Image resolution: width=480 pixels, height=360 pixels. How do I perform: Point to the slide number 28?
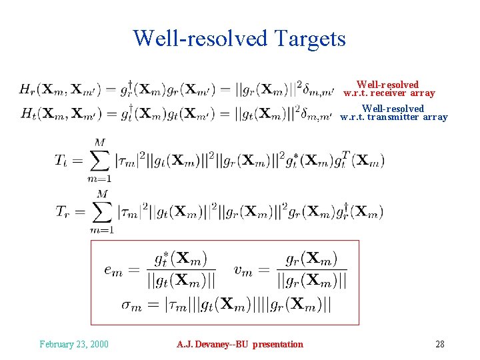pos(439,344)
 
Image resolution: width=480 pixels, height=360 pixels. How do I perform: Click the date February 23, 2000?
pos(74,344)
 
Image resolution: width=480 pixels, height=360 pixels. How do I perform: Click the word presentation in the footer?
pos(277,344)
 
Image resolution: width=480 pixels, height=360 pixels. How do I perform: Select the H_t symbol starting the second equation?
pos(27,114)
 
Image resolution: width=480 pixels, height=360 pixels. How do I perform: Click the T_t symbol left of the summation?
pos(63,160)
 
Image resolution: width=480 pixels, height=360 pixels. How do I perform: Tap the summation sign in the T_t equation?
pos(99,160)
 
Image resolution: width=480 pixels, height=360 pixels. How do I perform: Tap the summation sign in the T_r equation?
pos(101,211)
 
